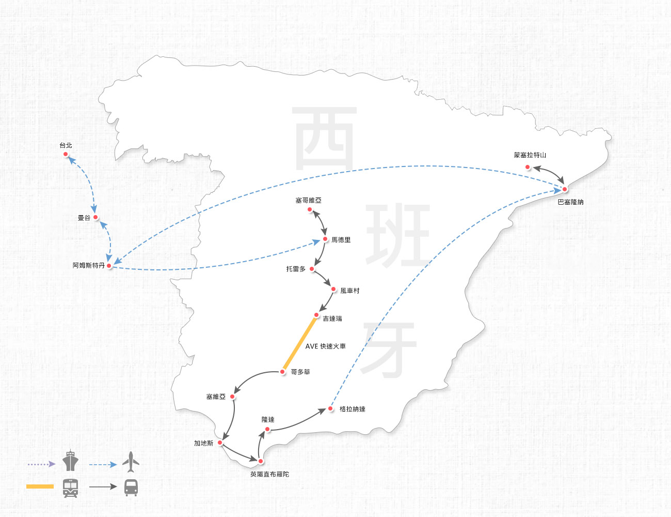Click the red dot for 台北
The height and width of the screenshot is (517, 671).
tap(66, 154)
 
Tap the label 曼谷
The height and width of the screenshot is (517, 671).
tap(84, 218)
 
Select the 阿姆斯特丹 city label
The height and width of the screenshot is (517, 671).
tap(89, 265)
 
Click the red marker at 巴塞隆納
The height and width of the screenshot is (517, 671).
tap(565, 189)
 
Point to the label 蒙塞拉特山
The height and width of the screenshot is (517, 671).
tap(530, 155)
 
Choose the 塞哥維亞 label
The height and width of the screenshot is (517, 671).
tap(308, 200)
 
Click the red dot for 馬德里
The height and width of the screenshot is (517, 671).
tap(325, 239)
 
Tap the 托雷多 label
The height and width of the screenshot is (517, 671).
tap(296, 269)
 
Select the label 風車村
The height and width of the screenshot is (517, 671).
tap(349, 291)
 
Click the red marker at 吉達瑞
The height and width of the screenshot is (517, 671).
tap(316, 315)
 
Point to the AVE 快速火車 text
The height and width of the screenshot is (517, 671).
tap(325, 346)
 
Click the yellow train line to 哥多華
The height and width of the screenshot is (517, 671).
tap(300, 343)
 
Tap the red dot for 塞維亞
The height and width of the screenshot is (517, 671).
tap(232, 397)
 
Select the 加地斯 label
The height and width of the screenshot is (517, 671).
tap(203, 443)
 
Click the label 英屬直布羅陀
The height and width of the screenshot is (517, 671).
tap(269, 474)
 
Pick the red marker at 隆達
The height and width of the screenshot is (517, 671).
tap(267, 429)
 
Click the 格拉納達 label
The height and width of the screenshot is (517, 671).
tap(353, 409)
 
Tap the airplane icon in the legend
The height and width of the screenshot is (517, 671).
tap(131, 462)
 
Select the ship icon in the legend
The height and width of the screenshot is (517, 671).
tap(70, 461)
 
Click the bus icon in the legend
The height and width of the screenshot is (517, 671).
tap(131, 488)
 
